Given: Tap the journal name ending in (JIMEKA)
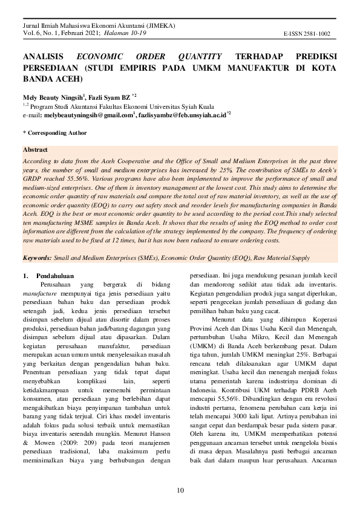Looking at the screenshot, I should point(99,27).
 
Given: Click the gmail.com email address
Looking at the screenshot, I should point(87,114).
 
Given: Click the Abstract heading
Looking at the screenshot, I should point(34,149).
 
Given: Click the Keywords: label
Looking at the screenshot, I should point(37,258).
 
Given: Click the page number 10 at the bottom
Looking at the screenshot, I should point(180,490).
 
